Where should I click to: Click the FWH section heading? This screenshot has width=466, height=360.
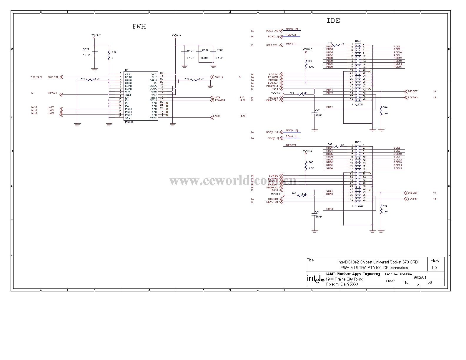[139, 27]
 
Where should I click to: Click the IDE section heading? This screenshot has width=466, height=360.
[333, 21]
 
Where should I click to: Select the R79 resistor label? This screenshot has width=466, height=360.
[114, 52]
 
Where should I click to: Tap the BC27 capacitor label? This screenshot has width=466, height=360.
[86, 49]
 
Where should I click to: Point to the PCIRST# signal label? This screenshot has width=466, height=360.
[53, 77]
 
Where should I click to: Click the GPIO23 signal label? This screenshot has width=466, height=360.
[52, 93]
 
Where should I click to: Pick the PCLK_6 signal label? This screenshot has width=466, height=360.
[218, 77]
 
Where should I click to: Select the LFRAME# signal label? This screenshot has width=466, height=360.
[219, 100]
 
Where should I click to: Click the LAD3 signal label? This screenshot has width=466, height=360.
[217, 116]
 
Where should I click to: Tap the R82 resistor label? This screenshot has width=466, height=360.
[187, 79]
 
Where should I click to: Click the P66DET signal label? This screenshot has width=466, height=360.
[412, 92]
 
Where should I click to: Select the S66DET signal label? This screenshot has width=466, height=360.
[412, 193]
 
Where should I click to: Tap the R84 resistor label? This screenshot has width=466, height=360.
[385, 107]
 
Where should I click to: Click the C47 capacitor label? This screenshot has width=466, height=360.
[317, 110]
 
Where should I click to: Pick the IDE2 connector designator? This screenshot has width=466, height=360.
[358, 142]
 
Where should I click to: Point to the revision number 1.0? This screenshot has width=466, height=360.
[434, 268]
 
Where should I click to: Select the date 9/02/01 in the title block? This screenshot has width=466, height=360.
[420, 277]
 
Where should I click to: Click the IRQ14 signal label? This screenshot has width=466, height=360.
[274, 89]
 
